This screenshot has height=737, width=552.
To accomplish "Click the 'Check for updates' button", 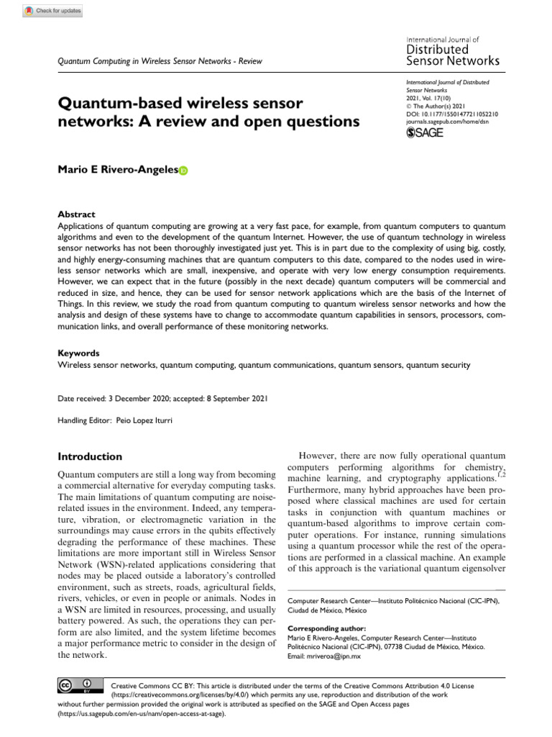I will pos(53,11).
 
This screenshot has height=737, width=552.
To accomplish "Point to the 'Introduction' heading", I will pos(89,456).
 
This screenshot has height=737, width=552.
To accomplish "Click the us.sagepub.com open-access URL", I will pos(142,715).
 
